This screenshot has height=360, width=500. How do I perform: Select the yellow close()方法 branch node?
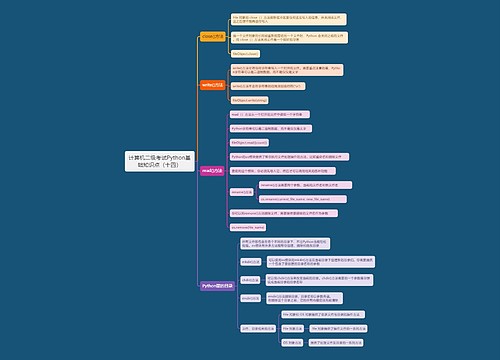pos(213,37)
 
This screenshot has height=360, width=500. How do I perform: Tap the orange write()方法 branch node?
pos(212,85)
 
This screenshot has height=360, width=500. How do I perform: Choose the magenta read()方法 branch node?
pos(212,171)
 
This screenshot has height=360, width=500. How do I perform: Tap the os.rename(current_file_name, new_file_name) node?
pos(301,199)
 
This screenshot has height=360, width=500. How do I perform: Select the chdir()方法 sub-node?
pos(250,279)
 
